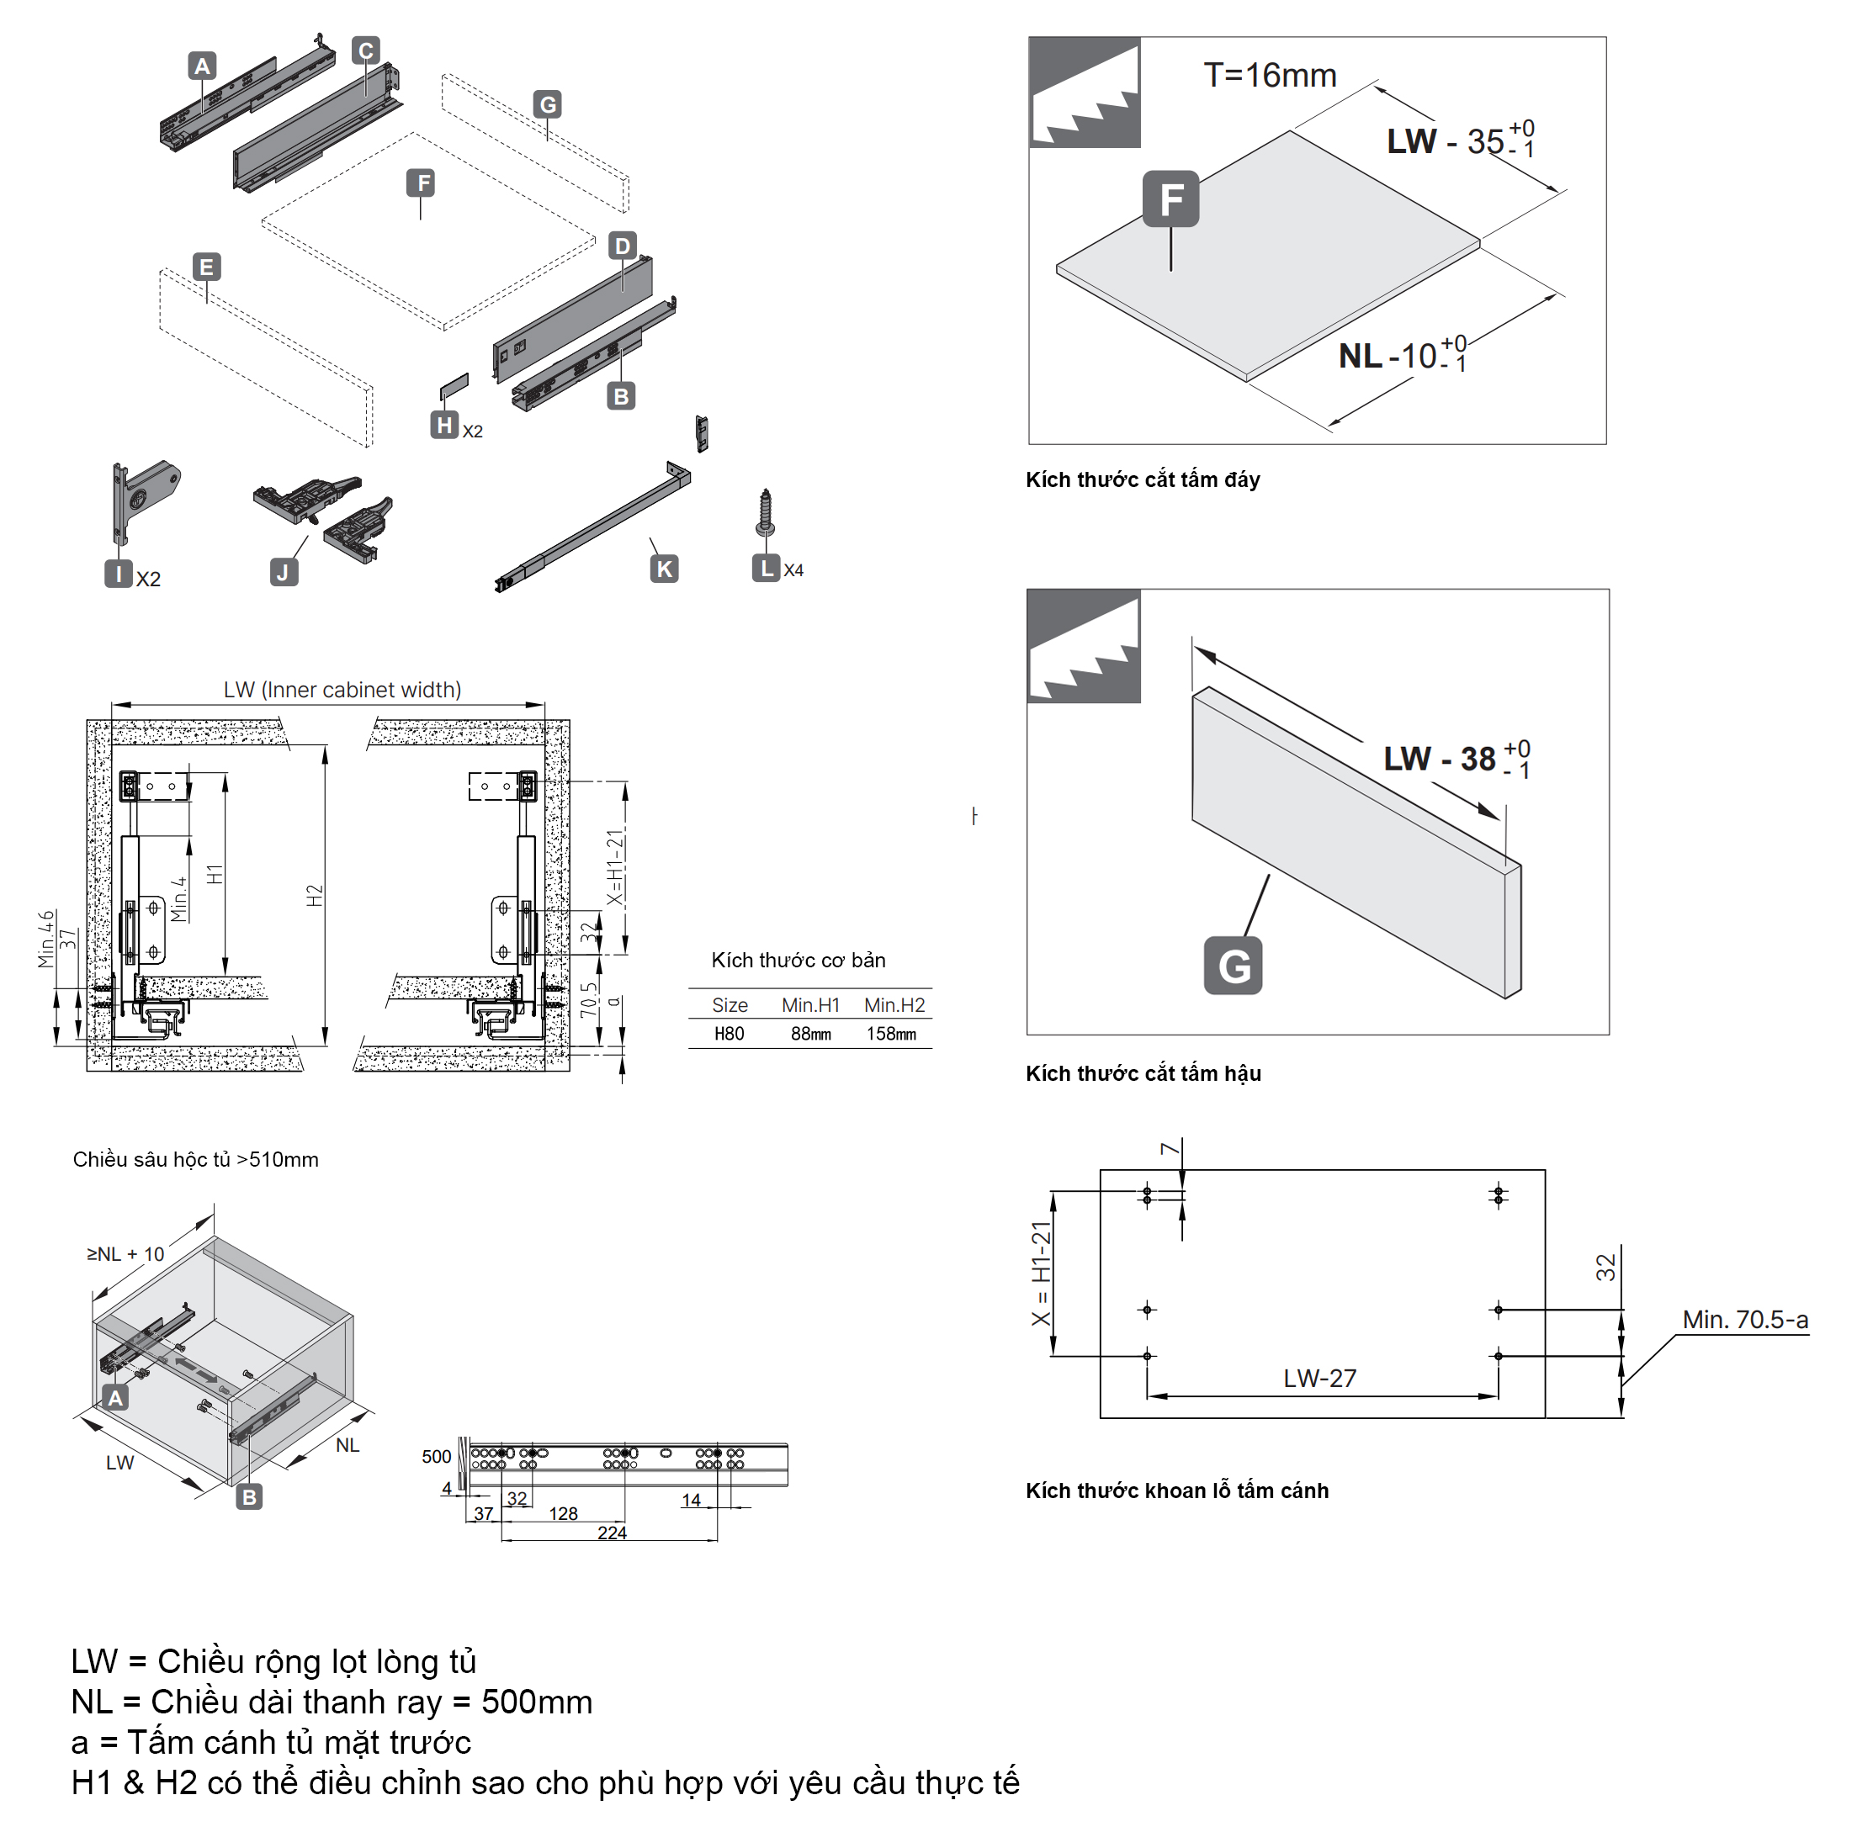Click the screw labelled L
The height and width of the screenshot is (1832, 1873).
coord(765,513)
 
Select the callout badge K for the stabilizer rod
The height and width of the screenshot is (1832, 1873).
coord(664,569)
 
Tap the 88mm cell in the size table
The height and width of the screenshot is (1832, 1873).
coord(810,1034)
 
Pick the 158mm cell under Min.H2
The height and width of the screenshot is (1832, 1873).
coord(891,1034)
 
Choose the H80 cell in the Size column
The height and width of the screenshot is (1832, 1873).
coord(729,1034)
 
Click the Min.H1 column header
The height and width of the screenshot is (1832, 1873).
coord(810,1004)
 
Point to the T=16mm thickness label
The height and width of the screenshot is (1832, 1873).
coord(1270,75)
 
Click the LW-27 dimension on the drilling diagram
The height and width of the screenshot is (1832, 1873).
coord(1319,1378)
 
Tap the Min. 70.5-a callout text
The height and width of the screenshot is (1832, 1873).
coord(1745,1319)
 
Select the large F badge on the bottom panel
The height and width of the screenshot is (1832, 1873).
coord(1170,199)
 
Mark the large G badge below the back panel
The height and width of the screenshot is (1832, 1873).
coord(1233,966)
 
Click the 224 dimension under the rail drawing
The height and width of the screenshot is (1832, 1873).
coord(613,1533)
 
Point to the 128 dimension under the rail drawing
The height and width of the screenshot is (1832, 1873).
coord(563,1513)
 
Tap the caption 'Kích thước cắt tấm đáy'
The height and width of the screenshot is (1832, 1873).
coord(1143,479)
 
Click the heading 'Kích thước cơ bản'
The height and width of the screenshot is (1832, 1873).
coord(798,959)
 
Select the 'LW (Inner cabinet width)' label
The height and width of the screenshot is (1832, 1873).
coord(342,689)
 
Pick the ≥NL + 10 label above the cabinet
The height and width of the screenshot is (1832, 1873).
coord(126,1254)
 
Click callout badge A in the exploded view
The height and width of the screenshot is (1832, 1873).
coord(202,66)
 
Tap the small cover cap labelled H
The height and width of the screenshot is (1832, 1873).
coord(454,386)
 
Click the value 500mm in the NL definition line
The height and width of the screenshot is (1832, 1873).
coord(537,1701)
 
